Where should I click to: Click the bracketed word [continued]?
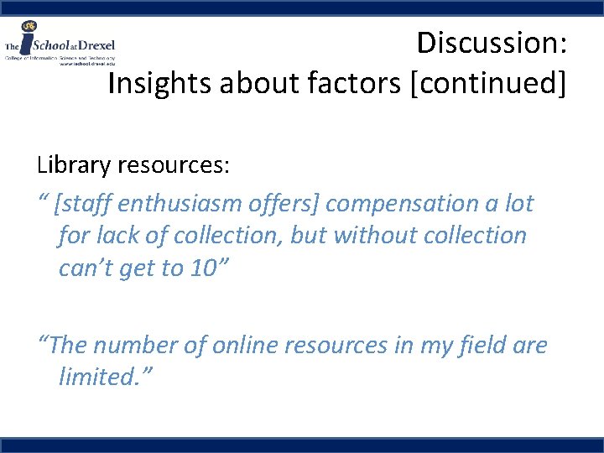[x=487, y=84]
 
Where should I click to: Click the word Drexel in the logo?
[x=96, y=44]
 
